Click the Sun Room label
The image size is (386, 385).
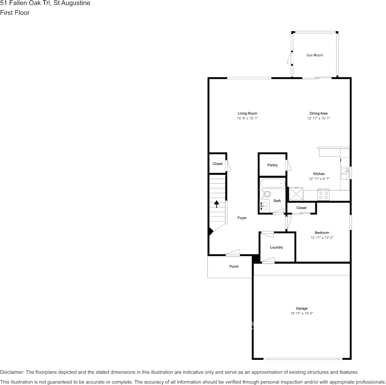click(314, 55)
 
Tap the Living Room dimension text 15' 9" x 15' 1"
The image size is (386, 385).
click(247, 118)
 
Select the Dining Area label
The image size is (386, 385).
click(319, 113)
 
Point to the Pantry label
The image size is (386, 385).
click(273, 165)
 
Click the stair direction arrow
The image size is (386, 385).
click(217, 204)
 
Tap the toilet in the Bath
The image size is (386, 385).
click(265, 194)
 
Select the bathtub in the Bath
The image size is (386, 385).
click(273, 183)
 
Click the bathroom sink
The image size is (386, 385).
click(265, 206)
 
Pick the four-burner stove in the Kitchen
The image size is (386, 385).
click(324, 195)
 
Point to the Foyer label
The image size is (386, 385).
click(242, 218)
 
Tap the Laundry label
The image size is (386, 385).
click(276, 247)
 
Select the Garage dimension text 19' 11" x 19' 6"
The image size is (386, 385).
click(301, 313)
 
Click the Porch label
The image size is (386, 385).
click(234, 267)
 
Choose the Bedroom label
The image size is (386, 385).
click(322, 232)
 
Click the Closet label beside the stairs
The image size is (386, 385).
click(217, 164)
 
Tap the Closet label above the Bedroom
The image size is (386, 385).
click(301, 208)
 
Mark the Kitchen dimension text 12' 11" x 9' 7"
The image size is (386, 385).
click(319, 179)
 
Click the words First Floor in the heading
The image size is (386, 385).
click(15, 13)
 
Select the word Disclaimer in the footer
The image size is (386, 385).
click(11, 372)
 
